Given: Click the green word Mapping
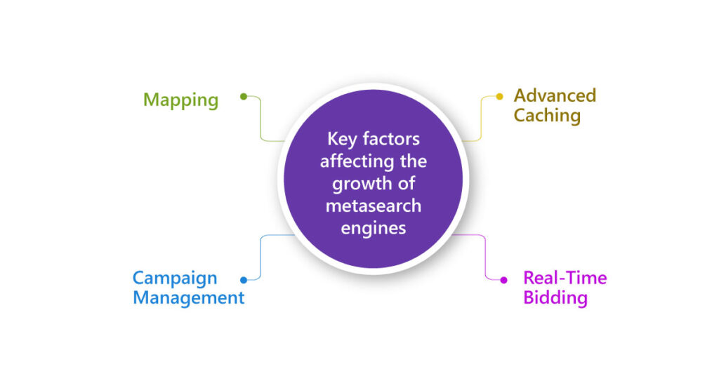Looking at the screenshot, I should tap(180, 100).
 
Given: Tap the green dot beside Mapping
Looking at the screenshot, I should tap(243, 97).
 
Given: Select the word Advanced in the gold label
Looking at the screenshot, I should tap(555, 95).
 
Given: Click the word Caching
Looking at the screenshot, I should tap(547, 115).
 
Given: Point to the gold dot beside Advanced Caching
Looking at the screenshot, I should tap(500, 97).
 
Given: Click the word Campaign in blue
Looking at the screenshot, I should tap(175, 278).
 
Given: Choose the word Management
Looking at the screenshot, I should tap(188, 297).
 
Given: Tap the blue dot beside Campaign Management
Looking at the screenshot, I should tap(243, 279).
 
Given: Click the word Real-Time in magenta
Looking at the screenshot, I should tap(565, 278).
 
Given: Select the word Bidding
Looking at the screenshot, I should tap(555, 297).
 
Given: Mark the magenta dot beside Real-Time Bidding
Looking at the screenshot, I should tap(503, 280).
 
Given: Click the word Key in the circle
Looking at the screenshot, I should tap(341, 139).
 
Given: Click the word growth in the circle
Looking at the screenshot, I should tap(362, 184).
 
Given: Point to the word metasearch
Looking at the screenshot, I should tap(373, 206).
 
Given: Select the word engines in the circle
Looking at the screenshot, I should tap(373, 229).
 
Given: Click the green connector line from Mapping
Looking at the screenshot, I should tap(261, 119).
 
